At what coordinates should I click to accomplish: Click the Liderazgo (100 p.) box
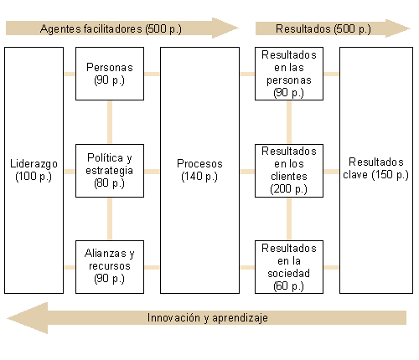[x=34, y=170]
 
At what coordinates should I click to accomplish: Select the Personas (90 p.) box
[x=110, y=74]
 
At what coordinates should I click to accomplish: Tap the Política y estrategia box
[x=110, y=171]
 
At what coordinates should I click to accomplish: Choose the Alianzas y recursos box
[x=110, y=267]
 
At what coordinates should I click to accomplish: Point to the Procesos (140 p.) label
[x=199, y=170]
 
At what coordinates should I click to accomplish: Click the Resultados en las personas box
[x=289, y=74]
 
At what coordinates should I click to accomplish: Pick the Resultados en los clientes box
[x=289, y=171]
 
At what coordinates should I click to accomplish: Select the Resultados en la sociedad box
[x=289, y=267]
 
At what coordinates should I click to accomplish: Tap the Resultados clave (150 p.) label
[x=376, y=168]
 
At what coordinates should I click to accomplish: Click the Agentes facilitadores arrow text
[x=111, y=28]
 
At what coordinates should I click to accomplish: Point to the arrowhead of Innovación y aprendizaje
[x=8, y=318]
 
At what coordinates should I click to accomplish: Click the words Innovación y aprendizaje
[x=208, y=318]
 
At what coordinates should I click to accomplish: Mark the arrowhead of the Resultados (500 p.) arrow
[x=410, y=28]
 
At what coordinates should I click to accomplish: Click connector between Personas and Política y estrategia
[x=110, y=122]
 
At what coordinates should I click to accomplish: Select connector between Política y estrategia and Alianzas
[x=110, y=219]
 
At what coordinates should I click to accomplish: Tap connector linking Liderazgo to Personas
[x=70, y=74]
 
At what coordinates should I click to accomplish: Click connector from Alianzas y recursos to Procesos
[x=153, y=267]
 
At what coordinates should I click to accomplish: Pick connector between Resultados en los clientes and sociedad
[x=289, y=219]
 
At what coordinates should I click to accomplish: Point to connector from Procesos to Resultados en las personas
[x=247, y=74]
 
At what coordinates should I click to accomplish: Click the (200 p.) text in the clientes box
[x=288, y=189]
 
